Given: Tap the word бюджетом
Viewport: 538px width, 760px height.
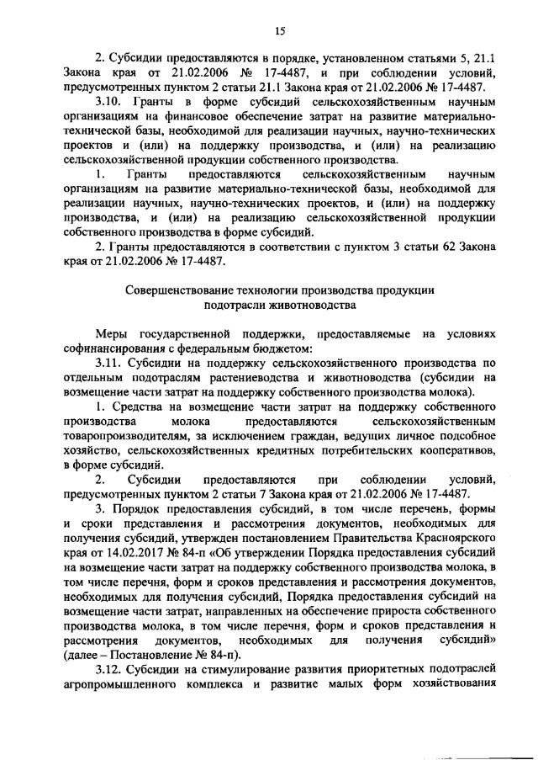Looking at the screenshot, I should click(285, 348).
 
